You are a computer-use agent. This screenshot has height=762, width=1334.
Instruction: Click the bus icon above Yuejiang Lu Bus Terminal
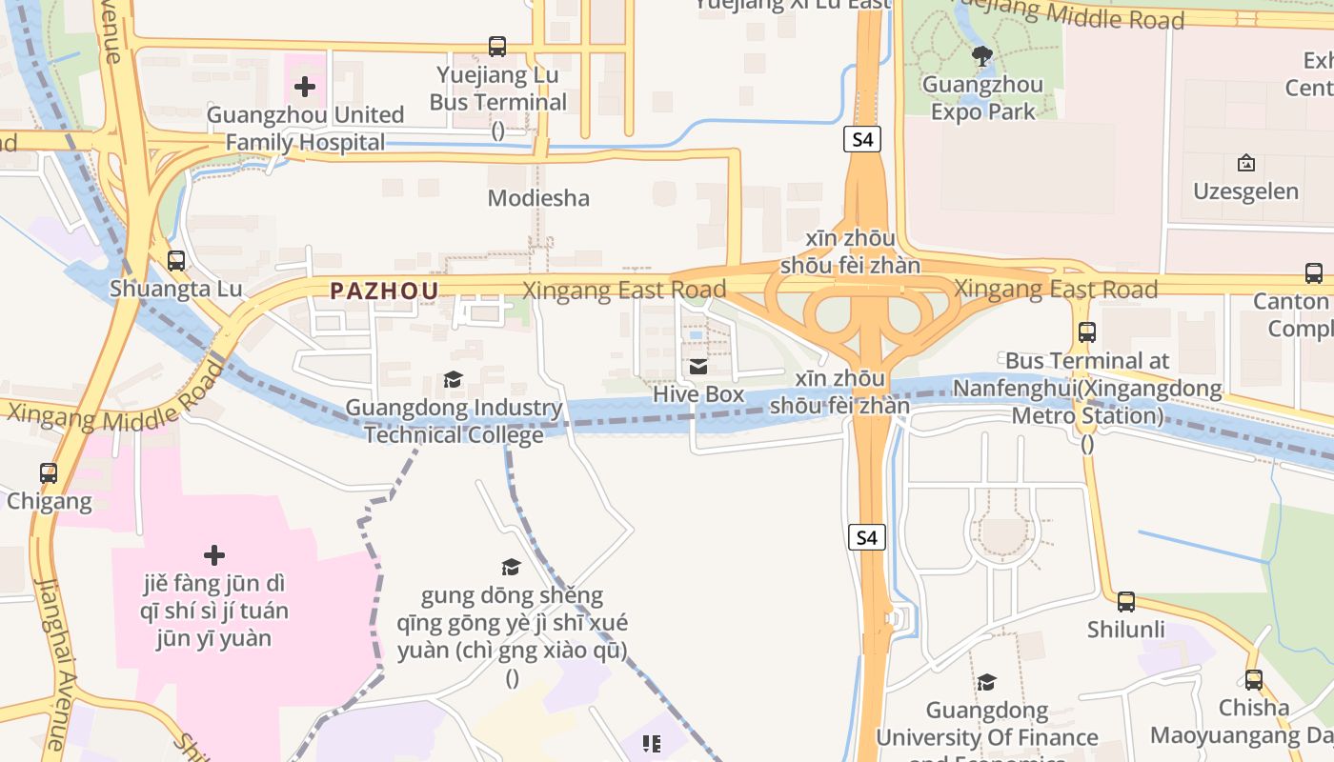coord(496,46)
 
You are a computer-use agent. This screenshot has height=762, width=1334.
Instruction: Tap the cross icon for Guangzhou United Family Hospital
coord(305,88)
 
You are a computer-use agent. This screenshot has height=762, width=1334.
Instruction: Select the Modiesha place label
coord(538,198)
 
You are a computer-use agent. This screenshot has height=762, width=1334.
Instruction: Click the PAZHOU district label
coord(384,291)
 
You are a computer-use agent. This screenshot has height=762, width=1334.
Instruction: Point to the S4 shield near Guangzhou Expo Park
coord(861,139)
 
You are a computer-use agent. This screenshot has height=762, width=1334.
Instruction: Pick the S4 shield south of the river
coord(866,537)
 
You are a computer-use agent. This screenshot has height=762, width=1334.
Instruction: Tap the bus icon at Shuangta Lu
coord(175,260)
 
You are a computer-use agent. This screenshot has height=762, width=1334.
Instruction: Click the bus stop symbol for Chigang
coord(48,472)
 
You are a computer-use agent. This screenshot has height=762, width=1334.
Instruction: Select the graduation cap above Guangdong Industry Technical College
coord(453,380)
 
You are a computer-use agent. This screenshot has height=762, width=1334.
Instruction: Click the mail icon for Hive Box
coord(698,367)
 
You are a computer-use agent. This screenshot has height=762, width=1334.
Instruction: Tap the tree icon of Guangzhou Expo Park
coord(982,56)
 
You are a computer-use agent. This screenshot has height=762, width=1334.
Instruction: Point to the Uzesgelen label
coord(1245,191)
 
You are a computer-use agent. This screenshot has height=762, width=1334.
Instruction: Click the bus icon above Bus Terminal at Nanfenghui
coord(1086,332)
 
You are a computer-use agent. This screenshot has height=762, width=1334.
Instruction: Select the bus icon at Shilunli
coord(1125,602)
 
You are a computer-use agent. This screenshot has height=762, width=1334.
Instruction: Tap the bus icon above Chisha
coord(1253,680)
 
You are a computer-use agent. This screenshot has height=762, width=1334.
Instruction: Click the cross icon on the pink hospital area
coord(214,554)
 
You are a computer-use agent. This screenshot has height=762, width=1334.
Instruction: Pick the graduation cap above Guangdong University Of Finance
coord(986,682)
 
